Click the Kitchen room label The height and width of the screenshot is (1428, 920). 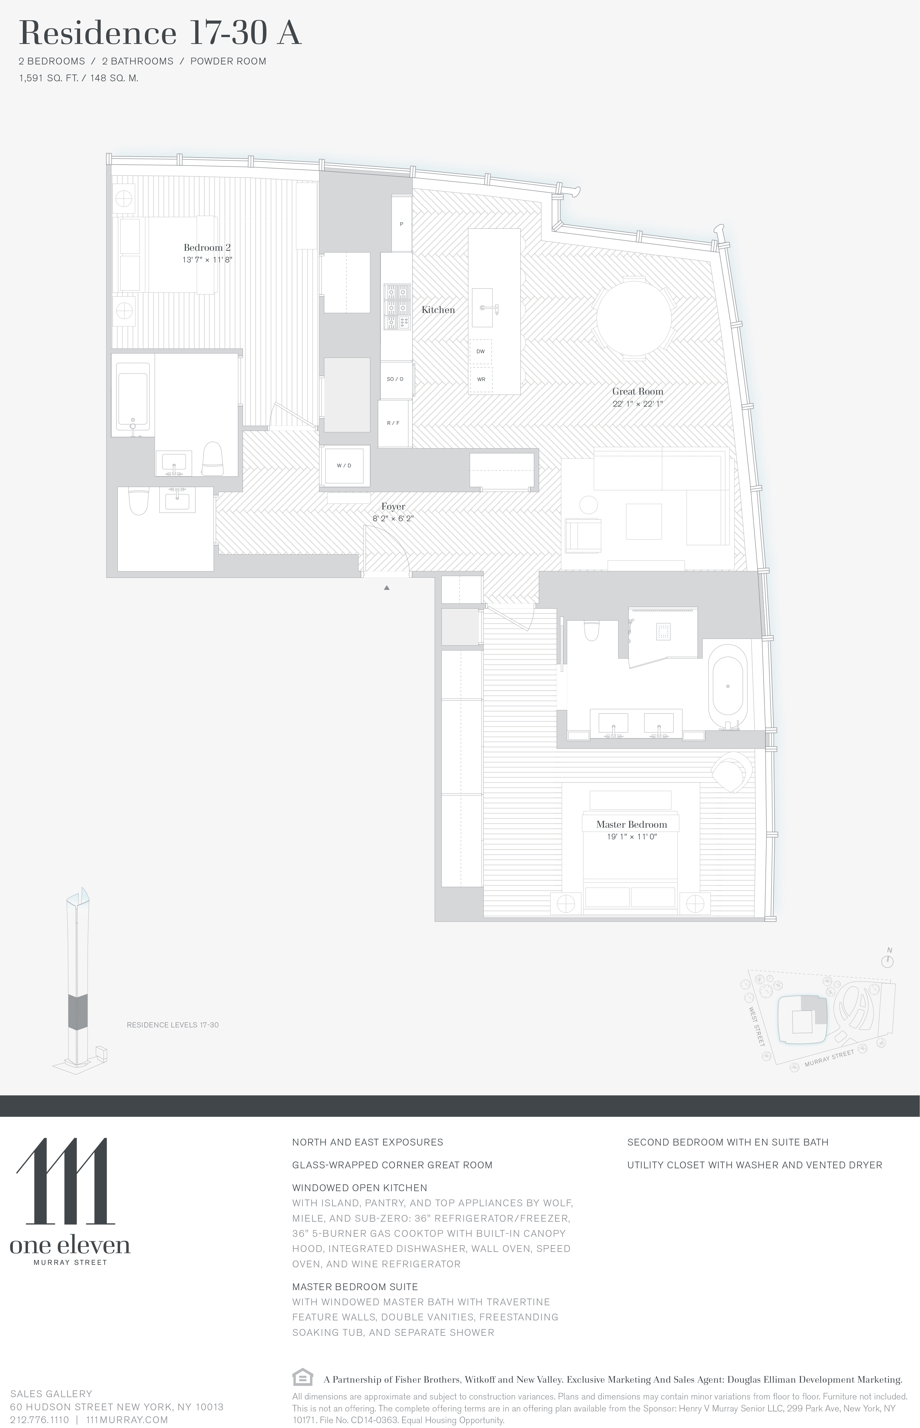438,310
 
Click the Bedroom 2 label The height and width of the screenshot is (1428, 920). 207,247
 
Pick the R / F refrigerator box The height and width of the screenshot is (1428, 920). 393,423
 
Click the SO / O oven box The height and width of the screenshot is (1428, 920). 395,379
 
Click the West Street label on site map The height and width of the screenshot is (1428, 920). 756,1026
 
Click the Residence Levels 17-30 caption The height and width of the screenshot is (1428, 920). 173,1025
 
